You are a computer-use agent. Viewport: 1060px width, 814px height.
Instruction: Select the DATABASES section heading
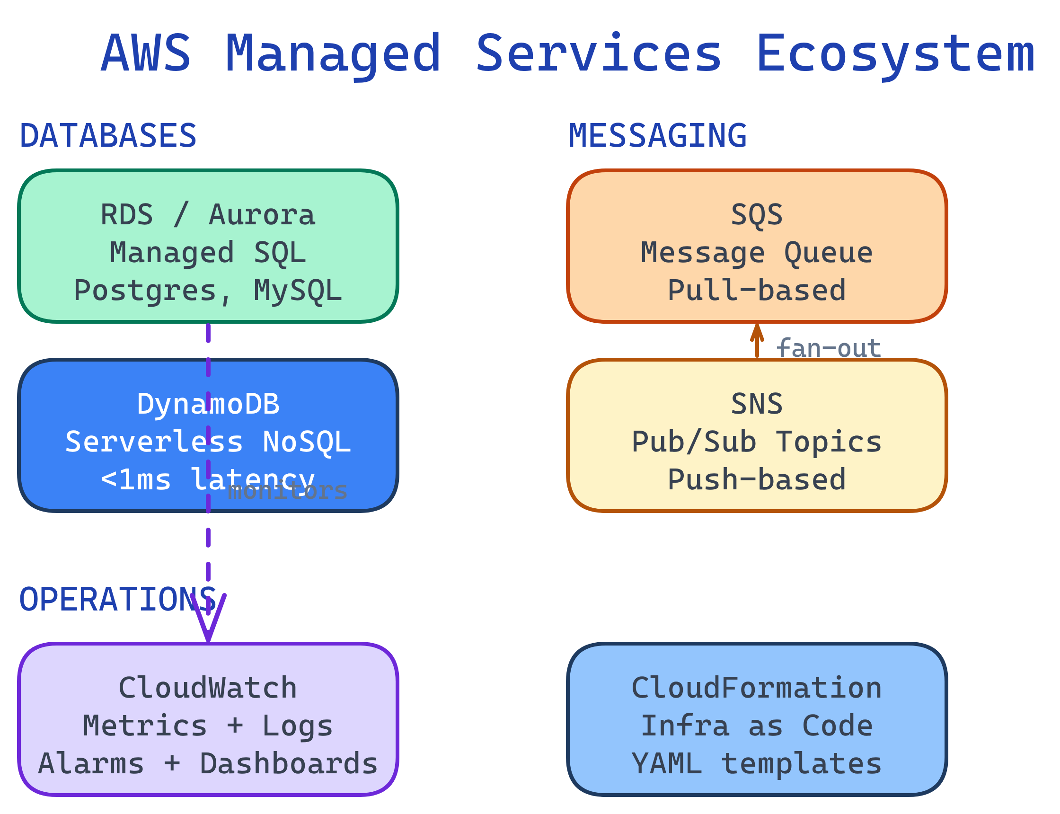(107, 136)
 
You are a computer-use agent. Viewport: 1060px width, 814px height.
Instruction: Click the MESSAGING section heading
(657, 136)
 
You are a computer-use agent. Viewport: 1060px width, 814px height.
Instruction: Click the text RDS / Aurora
(208, 215)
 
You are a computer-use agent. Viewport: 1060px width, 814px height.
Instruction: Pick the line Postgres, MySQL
(208, 291)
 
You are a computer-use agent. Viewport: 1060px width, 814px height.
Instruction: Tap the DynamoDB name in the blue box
(208, 404)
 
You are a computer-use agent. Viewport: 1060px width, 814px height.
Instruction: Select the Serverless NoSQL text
(208, 442)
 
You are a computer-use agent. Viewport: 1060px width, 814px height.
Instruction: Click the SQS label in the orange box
(756, 215)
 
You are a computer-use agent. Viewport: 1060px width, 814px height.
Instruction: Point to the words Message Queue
(756, 253)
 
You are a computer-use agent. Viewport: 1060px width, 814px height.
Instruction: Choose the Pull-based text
(756, 291)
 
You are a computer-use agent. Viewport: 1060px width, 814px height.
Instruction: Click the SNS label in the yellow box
(756, 404)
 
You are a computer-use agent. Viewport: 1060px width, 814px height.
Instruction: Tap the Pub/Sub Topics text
(756, 442)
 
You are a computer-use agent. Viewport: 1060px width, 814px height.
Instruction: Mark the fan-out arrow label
(828, 348)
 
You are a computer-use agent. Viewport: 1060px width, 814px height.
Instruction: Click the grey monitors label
(287, 491)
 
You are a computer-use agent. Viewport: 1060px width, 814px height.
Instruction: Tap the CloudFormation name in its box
(756, 689)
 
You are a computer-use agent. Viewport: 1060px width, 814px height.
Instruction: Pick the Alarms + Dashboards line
(208, 764)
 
